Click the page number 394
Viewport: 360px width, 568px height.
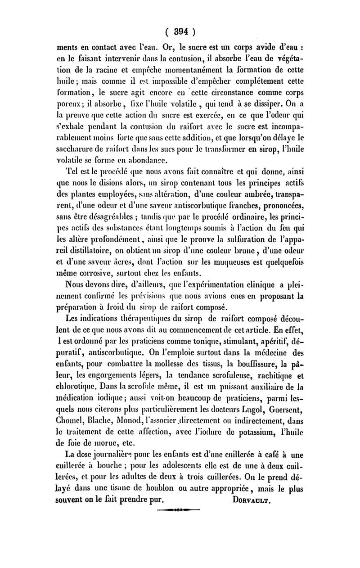[x=180, y=32]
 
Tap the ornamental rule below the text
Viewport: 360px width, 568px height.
[x=180, y=510]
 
